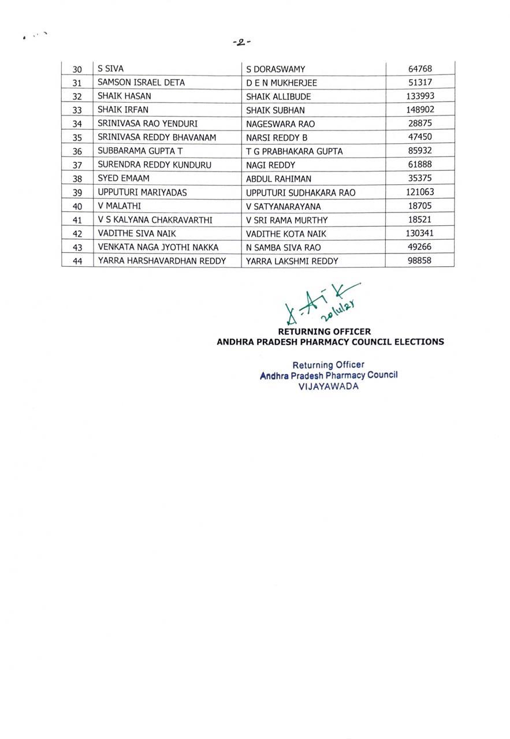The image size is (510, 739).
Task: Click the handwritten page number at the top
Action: (x=241, y=42)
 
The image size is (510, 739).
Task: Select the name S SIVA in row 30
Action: (x=110, y=69)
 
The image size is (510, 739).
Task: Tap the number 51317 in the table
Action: (x=419, y=83)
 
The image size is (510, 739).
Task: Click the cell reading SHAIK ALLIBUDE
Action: (x=278, y=96)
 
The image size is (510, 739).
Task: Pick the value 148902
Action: (x=420, y=110)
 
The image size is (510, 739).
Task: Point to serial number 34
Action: (x=77, y=124)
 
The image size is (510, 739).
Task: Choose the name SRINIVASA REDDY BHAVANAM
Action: (x=157, y=137)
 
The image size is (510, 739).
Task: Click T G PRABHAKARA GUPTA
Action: (x=294, y=151)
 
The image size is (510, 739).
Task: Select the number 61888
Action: (x=419, y=165)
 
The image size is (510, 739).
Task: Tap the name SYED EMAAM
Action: (x=124, y=178)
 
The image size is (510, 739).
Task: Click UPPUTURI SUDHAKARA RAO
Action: (x=300, y=192)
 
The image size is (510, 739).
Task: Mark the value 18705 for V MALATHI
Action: (x=419, y=206)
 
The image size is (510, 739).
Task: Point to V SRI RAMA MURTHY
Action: (x=286, y=220)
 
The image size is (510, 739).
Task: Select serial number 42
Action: (x=77, y=233)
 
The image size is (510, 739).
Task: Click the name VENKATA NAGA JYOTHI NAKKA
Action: (x=158, y=247)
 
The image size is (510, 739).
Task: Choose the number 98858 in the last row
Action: (x=419, y=260)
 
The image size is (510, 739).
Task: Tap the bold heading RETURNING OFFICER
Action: (x=324, y=332)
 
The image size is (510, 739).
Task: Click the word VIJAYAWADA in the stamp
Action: (x=328, y=386)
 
